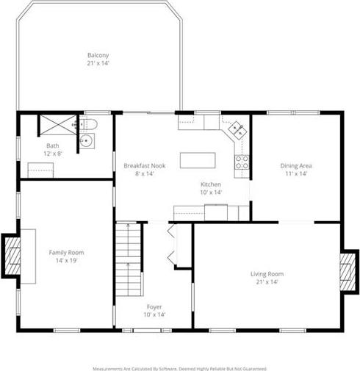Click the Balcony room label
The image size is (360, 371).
98,55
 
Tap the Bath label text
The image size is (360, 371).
53,145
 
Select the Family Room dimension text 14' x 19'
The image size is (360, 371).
66,260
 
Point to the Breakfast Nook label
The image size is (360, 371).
145,166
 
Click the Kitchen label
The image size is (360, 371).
211,184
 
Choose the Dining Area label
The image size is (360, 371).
296,166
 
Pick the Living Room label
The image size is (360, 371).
267,274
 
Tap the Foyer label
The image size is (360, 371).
154,307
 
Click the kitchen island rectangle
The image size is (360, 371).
198,160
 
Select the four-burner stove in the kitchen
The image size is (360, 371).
242,162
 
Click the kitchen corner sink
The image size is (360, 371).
237,131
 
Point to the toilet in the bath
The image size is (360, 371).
90,124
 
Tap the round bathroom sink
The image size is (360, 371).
86,141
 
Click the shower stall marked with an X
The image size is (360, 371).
58,125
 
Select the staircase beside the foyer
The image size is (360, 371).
129,259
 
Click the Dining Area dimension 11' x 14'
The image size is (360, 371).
296,173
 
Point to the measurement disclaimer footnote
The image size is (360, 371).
179,368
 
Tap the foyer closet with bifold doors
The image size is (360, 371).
183,245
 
